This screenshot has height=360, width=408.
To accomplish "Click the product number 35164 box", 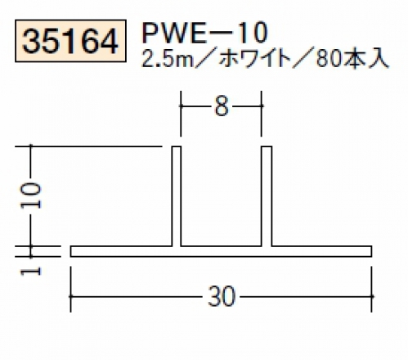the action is pyautogui.click(x=70, y=41).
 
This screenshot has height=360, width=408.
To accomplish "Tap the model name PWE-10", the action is pyautogui.click(x=204, y=34).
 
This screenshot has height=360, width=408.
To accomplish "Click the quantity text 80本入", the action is pyautogui.click(x=352, y=60).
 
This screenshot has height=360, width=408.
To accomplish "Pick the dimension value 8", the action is pyautogui.click(x=221, y=106).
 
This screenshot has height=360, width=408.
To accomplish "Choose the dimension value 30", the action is pyautogui.click(x=222, y=296).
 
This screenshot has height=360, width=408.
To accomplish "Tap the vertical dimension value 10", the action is pyautogui.click(x=31, y=196).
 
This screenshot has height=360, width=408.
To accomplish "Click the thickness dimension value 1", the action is pyautogui.click(x=31, y=272).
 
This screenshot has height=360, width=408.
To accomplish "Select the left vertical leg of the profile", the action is pyautogui.click(x=177, y=196).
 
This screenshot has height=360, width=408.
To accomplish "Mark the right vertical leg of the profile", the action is pyautogui.click(x=267, y=196).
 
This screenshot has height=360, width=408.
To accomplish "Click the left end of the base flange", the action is pyautogui.click(x=71, y=251).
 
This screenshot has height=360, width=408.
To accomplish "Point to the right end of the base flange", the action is pyautogui.click(x=371, y=251).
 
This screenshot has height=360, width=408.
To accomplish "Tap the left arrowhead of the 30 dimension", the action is pyautogui.click(x=71, y=296).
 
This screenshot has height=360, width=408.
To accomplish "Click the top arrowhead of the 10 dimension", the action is pyautogui.click(x=31, y=147).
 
